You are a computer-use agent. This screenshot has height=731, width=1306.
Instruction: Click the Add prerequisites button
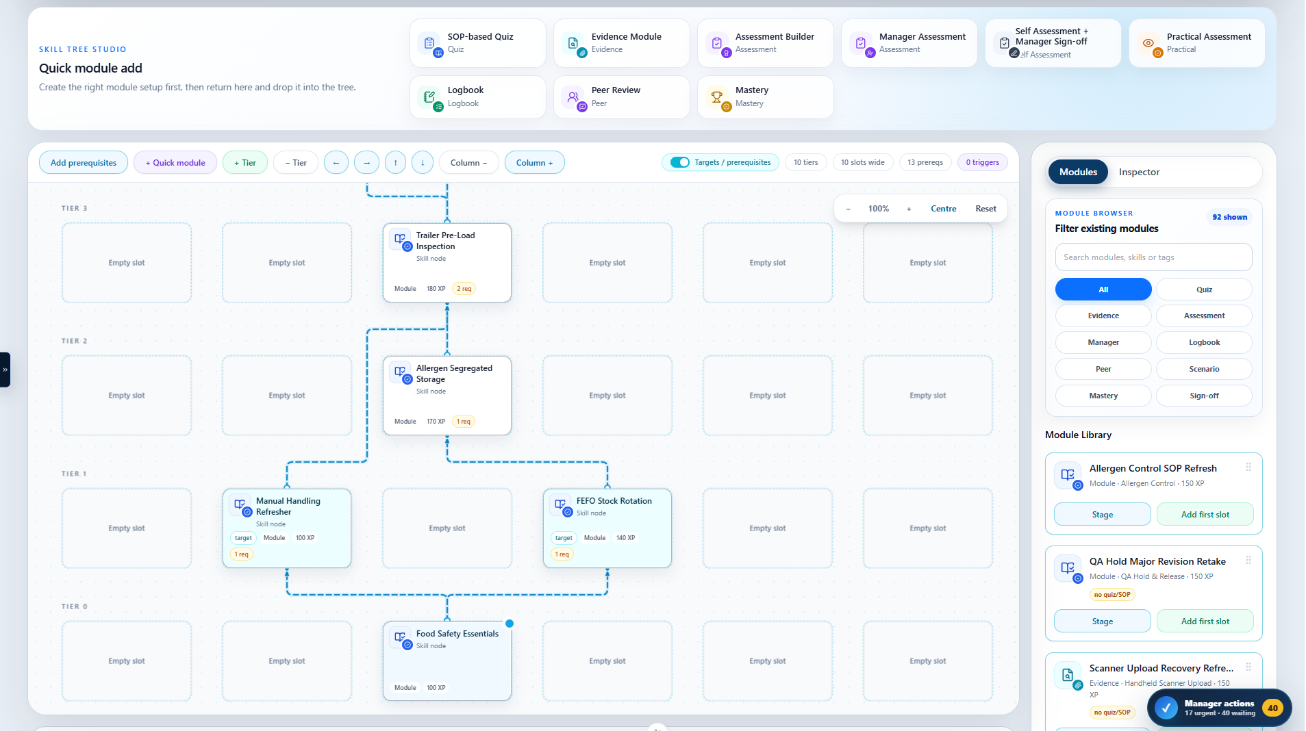pyautogui.click(x=84, y=163)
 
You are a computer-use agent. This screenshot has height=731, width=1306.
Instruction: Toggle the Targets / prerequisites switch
pyautogui.click(x=680, y=162)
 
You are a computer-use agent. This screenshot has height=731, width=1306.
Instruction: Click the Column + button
pyautogui.click(x=534, y=163)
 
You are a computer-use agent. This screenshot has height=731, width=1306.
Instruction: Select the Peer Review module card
pyautogui.click(x=622, y=97)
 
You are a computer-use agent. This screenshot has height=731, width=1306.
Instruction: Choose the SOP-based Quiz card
pyautogui.click(x=478, y=43)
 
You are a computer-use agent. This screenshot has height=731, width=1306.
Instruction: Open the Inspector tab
pyautogui.click(x=1139, y=172)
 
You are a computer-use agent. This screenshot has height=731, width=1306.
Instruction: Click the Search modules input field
pyautogui.click(x=1153, y=257)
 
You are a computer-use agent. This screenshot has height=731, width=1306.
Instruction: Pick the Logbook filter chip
pyautogui.click(x=1204, y=342)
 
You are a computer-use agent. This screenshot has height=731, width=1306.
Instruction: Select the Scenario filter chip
pyautogui.click(x=1204, y=369)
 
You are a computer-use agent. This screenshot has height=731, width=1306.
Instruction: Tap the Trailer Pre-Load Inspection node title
pyautogui.click(x=445, y=241)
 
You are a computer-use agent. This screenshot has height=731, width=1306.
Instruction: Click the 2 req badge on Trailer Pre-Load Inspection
pyautogui.click(x=464, y=289)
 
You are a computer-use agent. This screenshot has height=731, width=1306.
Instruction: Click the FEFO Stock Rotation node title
pyautogui.click(x=614, y=501)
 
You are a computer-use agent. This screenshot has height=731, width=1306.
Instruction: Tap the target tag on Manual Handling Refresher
pyautogui.click(x=243, y=538)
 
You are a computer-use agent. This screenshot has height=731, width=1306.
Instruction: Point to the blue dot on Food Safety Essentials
pyautogui.click(x=510, y=624)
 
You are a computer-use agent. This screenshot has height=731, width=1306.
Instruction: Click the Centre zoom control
pyautogui.click(x=943, y=209)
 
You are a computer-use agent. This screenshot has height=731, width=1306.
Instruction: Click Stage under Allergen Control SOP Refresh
pyautogui.click(x=1102, y=515)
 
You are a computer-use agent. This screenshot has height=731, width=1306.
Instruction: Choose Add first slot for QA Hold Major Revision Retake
pyautogui.click(x=1205, y=621)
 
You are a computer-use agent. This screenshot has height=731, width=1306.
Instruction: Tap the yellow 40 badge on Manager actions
pyautogui.click(x=1272, y=708)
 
